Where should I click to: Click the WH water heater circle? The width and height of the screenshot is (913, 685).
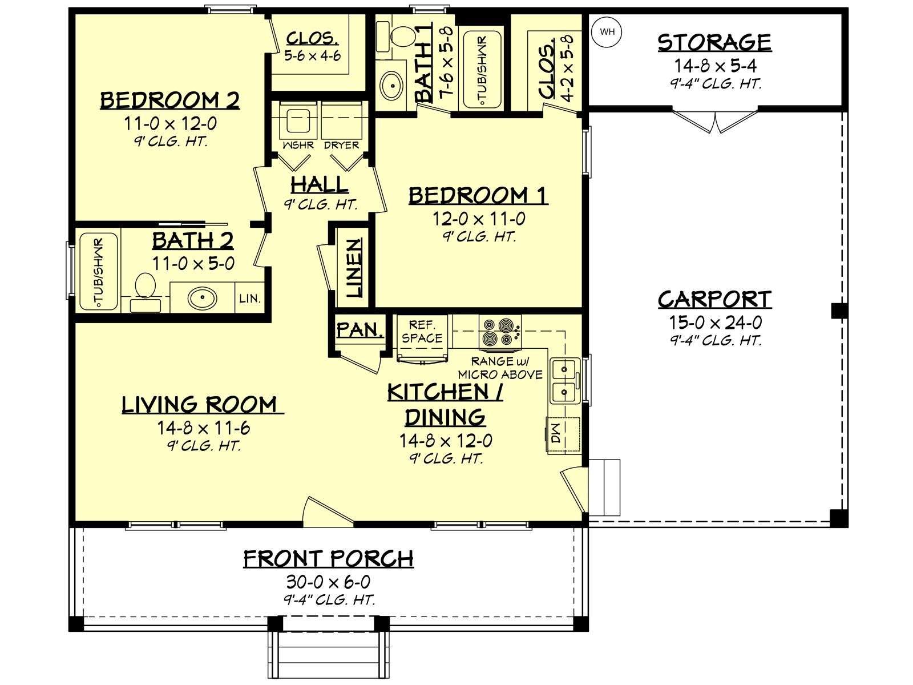click(607, 32)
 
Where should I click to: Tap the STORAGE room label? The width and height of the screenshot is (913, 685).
click(714, 43)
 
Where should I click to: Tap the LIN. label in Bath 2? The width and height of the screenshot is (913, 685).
click(250, 298)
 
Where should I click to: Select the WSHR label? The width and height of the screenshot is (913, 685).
click(298, 145)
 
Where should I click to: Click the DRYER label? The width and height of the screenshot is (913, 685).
click(341, 145)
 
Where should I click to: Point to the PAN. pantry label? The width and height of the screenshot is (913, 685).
click(360, 330)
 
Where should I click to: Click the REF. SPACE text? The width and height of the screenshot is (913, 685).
click(422, 332)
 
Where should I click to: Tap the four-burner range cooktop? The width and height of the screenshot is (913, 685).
click(500, 332)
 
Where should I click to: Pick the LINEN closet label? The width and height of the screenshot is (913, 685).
click(354, 268)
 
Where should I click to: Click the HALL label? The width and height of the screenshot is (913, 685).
click(320, 184)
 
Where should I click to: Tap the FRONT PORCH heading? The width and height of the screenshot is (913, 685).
click(329, 559)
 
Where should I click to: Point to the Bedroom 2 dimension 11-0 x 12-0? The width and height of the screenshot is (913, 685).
click(171, 123)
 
